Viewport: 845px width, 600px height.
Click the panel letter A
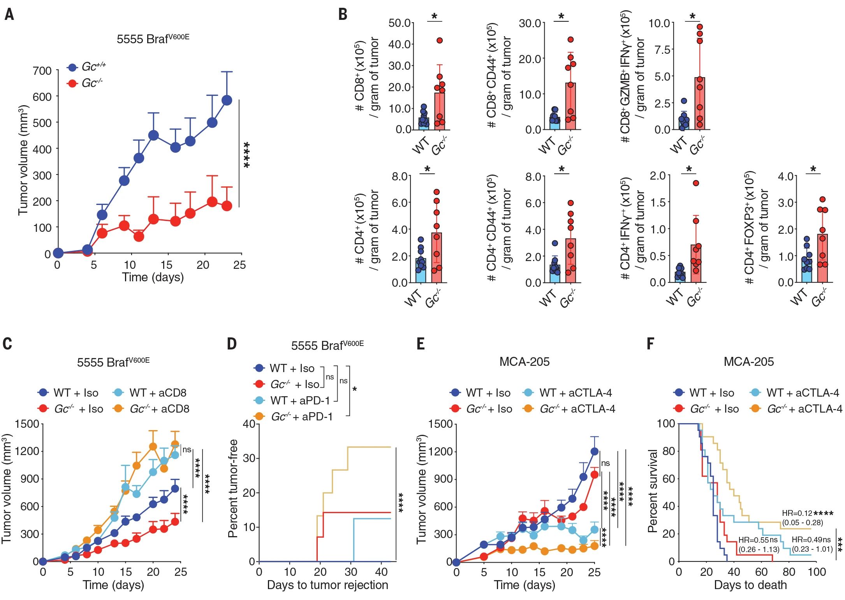(9, 15)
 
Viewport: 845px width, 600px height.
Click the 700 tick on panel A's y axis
(42, 71)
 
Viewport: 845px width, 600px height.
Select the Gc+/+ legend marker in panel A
(72, 67)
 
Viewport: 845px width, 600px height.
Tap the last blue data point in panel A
(227, 101)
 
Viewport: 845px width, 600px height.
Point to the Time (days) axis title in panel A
(153, 277)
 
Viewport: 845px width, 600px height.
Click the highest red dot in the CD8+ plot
(440, 41)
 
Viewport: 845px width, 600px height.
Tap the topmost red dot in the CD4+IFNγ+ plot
(696, 183)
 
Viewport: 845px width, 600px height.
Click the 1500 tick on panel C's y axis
(27, 424)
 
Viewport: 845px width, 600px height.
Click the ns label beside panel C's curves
(187, 450)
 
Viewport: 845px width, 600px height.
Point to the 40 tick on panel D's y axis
(248, 424)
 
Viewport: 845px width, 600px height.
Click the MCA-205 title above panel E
(524, 362)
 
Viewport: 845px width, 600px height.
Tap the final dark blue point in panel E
(594, 452)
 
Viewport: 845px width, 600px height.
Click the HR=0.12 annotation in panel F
(796, 513)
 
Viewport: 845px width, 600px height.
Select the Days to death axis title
(750, 585)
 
